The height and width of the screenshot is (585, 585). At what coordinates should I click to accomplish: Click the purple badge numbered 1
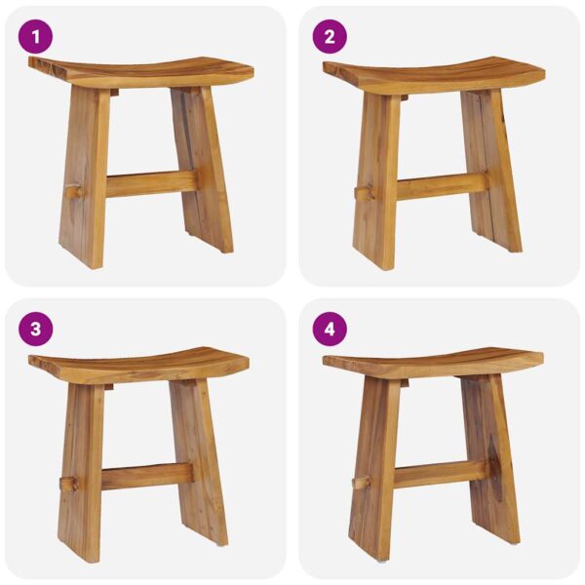35,37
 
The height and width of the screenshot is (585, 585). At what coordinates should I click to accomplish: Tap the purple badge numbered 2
330,37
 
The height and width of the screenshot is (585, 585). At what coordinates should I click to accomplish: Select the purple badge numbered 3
35,330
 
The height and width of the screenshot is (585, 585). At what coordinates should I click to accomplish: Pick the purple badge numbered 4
330,330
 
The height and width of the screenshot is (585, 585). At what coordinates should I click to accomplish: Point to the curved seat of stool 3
138,365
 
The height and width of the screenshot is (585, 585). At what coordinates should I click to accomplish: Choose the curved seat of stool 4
433,364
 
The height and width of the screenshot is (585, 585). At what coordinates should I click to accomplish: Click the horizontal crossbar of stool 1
152,184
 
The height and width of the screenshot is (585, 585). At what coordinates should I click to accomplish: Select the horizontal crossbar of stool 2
443,186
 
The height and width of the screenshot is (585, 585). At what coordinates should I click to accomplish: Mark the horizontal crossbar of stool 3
147,477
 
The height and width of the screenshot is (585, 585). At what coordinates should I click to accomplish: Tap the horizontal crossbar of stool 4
441,474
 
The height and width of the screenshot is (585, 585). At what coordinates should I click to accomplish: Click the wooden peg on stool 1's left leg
75,192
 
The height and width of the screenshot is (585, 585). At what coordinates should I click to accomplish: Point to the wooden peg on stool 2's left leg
364,194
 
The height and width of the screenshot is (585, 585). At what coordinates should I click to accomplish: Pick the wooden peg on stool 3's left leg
69,484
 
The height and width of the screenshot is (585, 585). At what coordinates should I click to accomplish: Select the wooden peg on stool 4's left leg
362,483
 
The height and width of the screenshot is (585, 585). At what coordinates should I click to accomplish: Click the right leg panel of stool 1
202,170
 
